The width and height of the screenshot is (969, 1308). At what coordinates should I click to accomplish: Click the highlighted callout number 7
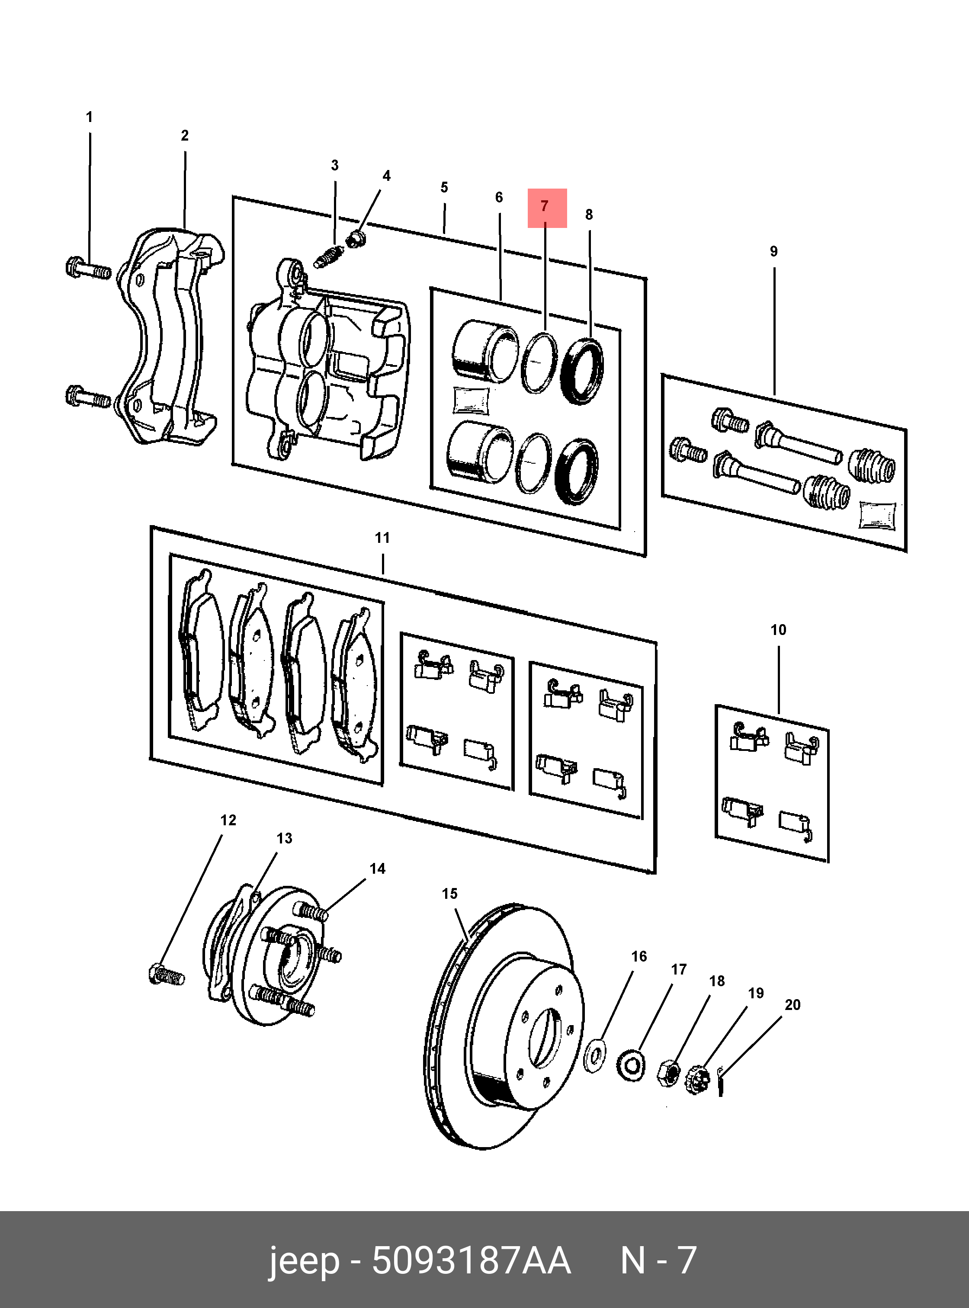pos(544,206)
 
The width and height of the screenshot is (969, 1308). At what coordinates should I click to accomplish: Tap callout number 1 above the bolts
pos(89,117)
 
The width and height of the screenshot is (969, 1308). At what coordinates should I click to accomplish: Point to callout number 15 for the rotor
pos(449,894)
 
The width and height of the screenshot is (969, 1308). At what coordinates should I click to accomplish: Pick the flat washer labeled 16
pos(595,1056)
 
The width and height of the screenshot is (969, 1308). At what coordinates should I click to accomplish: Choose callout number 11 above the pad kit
pos(382,538)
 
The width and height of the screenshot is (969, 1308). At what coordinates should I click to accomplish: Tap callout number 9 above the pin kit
pos(773,252)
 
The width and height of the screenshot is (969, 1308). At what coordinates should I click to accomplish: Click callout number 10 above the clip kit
pos(778,630)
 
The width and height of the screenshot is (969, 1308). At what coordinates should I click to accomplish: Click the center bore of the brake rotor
pos(544,1038)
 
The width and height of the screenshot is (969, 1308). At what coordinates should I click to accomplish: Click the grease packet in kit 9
pos(877,516)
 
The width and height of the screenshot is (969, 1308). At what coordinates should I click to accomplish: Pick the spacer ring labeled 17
pos(632,1066)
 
